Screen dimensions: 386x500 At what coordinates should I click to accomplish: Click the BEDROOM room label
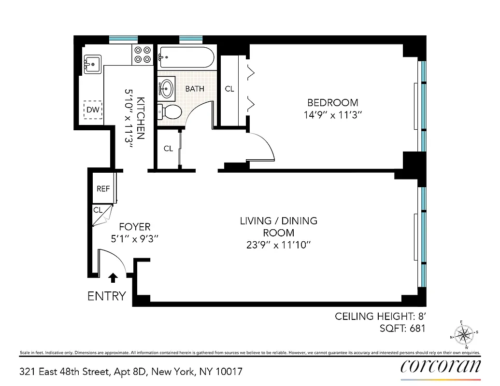tap(333, 102)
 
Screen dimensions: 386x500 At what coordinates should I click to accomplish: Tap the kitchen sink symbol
tap(92, 63)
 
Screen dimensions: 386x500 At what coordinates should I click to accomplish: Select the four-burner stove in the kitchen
tap(142, 54)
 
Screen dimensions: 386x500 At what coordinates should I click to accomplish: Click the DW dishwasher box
tap(93, 110)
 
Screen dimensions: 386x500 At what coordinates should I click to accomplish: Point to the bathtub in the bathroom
tap(186, 57)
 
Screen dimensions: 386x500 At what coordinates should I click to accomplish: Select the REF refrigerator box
tap(103, 189)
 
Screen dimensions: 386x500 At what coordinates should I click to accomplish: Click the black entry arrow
tap(113, 277)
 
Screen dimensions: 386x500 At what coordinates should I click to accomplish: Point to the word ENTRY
tap(107, 296)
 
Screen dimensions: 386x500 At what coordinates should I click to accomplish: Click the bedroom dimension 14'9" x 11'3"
tap(333, 115)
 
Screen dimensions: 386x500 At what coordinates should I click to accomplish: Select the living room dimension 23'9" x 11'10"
tap(278, 245)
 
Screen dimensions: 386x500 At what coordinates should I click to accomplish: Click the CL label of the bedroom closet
tap(229, 89)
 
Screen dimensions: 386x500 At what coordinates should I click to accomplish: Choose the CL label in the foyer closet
tap(98, 210)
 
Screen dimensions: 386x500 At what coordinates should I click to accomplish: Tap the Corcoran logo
tap(441, 367)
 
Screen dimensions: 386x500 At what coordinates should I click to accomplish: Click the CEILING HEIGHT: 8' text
tap(380, 317)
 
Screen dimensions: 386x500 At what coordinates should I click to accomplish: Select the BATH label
tap(195, 89)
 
